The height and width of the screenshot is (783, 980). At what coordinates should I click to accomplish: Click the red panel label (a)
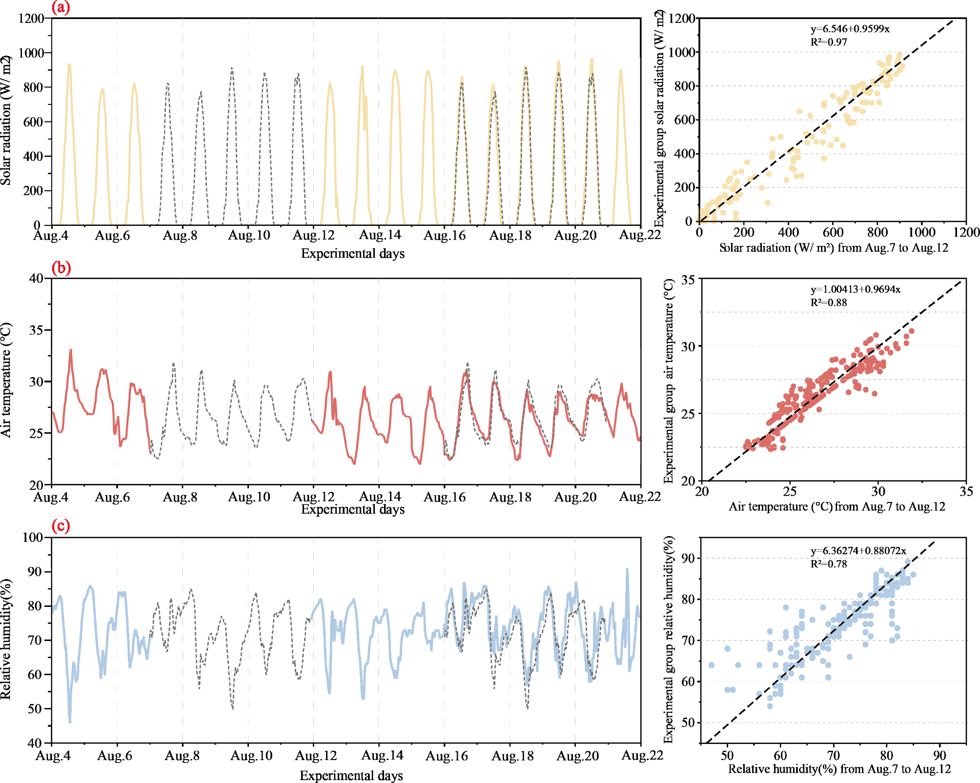(x=61, y=8)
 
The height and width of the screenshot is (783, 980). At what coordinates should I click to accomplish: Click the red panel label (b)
(x=61, y=268)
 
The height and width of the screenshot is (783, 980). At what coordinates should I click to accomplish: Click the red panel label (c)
(x=61, y=526)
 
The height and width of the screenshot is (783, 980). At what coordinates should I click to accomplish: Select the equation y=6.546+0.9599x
(x=850, y=29)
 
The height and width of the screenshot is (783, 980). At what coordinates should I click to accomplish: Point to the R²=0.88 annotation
(x=829, y=302)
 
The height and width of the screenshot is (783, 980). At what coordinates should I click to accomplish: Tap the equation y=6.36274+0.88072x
(x=858, y=551)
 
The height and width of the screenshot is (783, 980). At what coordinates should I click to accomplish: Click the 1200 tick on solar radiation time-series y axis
(x=31, y=19)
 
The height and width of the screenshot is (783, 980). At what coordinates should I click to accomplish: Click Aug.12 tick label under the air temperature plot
(x=313, y=497)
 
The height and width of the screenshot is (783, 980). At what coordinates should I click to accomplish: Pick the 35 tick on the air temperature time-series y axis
(x=36, y=330)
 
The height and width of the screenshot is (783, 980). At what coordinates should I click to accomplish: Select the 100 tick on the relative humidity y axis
(x=33, y=537)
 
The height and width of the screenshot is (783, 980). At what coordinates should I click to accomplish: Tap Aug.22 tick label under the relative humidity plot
(x=642, y=756)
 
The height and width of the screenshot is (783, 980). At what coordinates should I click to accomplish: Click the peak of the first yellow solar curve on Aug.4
(x=69, y=64)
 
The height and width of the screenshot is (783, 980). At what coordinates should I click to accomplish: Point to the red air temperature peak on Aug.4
(x=71, y=350)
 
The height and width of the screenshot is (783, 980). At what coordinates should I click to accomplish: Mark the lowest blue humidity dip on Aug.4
(x=70, y=722)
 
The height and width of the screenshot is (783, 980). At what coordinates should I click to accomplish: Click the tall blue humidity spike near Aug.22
(x=627, y=569)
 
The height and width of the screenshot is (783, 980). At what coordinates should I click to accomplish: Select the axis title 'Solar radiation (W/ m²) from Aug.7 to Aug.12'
(x=834, y=248)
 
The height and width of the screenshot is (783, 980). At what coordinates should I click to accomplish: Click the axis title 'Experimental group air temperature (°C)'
(x=669, y=381)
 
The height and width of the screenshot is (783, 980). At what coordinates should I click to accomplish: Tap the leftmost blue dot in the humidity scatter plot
(x=712, y=665)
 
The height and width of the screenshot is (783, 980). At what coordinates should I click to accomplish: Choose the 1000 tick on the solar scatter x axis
(x=921, y=232)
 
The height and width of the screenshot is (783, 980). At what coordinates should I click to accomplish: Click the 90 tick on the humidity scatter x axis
(x=939, y=756)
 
